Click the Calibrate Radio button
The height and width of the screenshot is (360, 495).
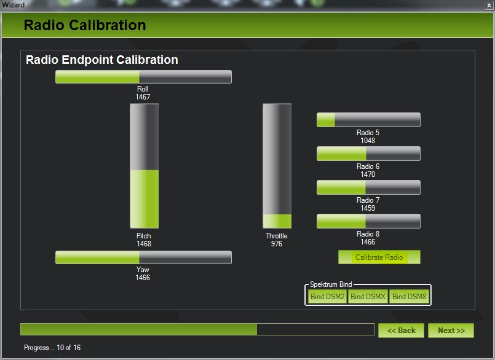coord(379,257)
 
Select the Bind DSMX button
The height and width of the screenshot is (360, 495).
coord(368,297)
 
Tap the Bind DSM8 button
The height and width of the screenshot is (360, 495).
coord(409,297)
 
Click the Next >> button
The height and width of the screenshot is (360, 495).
coord(451,331)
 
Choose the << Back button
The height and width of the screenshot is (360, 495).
coord(402,331)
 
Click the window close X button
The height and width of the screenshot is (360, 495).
coord(489,5)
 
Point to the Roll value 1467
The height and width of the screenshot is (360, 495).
coord(143,97)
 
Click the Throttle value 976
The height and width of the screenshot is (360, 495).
coord(277,244)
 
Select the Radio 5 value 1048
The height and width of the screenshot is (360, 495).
coord(368,141)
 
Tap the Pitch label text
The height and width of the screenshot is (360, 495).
coord(144,236)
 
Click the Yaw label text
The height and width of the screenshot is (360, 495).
coord(143,270)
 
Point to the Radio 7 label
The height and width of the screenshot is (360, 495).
coord(368,200)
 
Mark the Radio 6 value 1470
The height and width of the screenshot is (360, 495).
coord(368,174)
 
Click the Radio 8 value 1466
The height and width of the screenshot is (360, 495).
coord(368,242)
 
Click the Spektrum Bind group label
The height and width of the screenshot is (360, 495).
coord(331,284)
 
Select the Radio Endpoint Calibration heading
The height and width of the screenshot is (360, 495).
coord(102,60)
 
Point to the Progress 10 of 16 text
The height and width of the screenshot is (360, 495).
coord(52,348)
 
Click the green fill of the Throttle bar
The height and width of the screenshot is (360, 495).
coord(277,221)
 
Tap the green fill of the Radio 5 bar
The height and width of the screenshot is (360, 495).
coord(326,120)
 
